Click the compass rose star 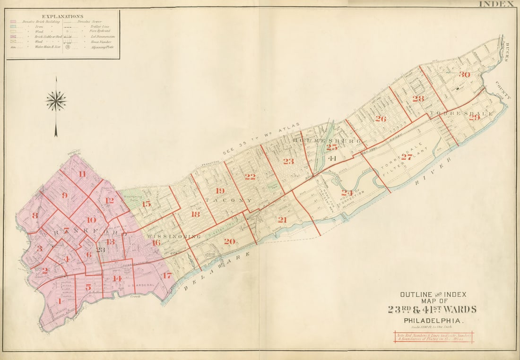pos(56,101)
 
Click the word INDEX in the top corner pos(496,4)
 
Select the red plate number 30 pos(464,75)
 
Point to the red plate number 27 pos(407,157)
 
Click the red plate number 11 pos(83,174)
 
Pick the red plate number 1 pos(60,301)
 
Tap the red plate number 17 pos(166,275)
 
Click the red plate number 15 pos(147,204)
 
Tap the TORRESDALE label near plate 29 pos(461,114)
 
